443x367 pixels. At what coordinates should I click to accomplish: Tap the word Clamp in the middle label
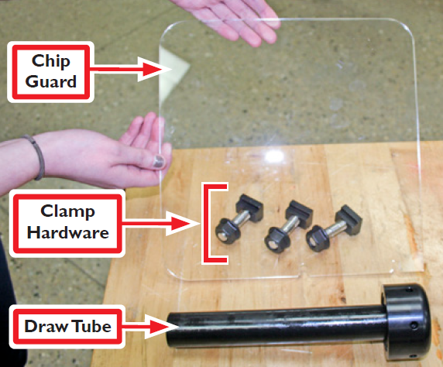[68, 211]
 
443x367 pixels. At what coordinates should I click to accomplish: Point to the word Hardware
[68, 232]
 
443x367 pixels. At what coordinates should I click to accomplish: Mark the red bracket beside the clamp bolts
[211, 223]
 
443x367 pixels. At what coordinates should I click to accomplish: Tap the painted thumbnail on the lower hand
[157, 161]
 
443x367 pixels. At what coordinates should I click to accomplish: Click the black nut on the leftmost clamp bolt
[224, 227]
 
